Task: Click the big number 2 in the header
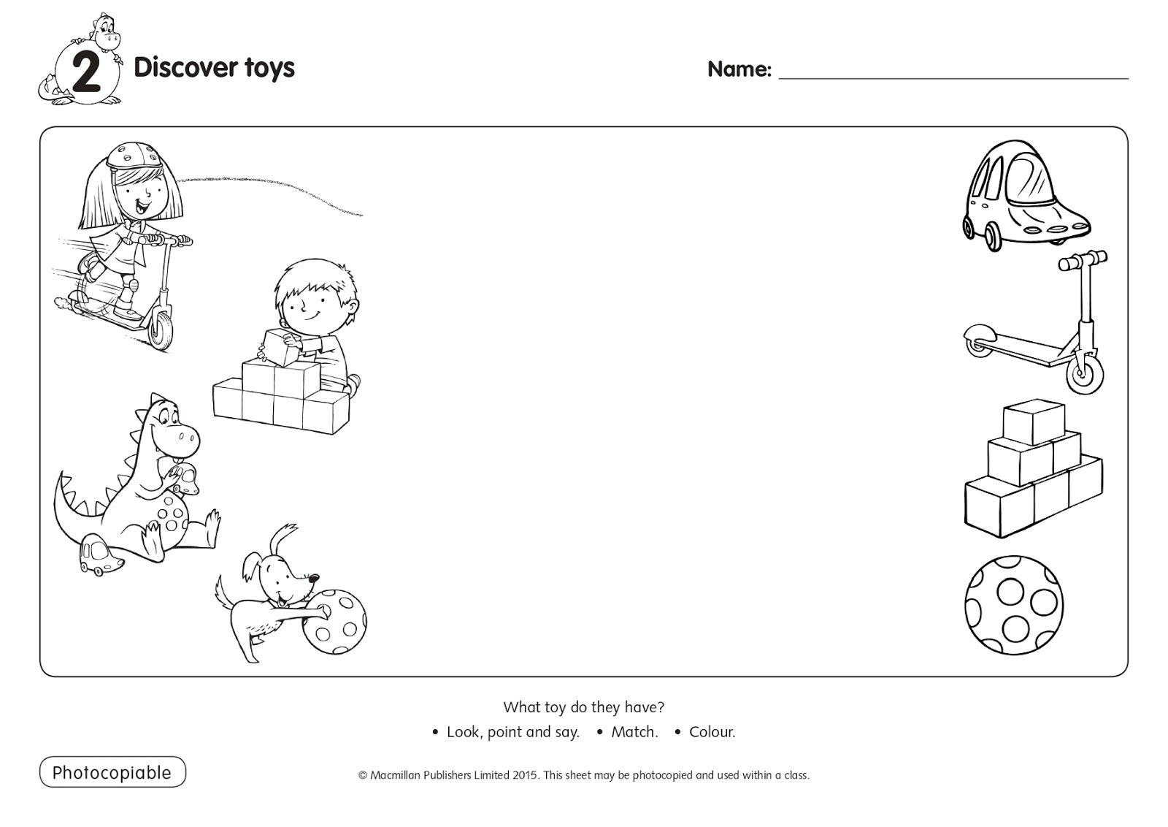tap(86, 75)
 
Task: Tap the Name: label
tap(739, 69)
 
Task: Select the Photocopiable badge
tap(112, 772)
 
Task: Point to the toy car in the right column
tap(1023, 194)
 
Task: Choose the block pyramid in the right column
tap(1034, 471)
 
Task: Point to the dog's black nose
tap(315, 579)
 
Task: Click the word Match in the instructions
tap(634, 732)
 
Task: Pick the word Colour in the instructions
tap(712, 732)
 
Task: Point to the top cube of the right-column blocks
tap(1033, 422)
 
